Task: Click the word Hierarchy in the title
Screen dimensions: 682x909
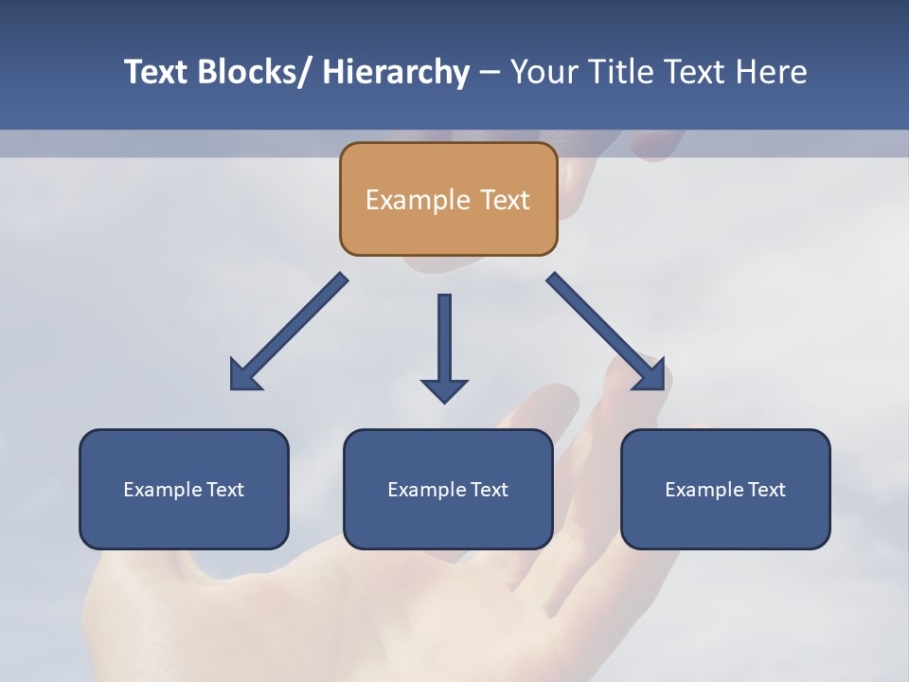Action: point(396,72)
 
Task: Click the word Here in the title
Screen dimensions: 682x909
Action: point(772,72)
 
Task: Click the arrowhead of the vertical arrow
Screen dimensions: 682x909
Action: point(444,389)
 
